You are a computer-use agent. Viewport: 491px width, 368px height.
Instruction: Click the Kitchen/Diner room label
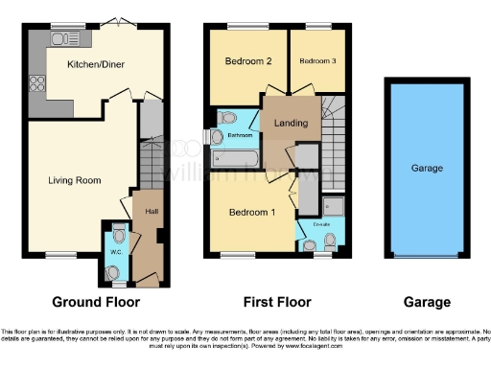tap(96, 64)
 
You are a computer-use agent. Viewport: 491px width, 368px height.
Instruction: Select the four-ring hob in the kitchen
tap(40, 81)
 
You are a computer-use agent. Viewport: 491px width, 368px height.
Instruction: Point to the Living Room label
tap(75, 179)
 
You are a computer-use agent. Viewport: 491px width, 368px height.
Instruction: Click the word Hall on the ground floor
tap(152, 211)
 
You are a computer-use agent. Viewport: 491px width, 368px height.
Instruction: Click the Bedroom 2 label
tap(248, 60)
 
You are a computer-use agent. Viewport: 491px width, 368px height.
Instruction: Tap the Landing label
tap(291, 123)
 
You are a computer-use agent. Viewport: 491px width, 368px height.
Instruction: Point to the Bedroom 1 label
tap(248, 212)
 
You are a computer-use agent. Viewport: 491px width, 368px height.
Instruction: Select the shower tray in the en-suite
tap(332, 206)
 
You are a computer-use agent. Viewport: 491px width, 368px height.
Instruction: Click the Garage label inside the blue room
tap(427, 168)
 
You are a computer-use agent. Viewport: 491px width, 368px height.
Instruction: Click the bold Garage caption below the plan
tap(427, 302)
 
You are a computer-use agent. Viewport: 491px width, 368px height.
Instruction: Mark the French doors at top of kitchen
tap(116, 23)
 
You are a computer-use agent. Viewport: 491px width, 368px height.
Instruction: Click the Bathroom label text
tap(239, 135)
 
